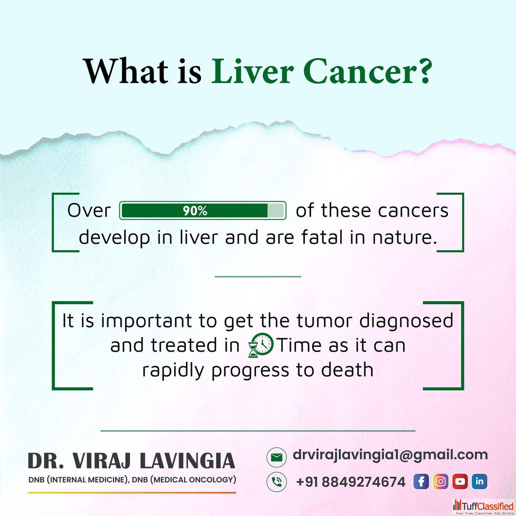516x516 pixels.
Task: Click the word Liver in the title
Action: coord(253,71)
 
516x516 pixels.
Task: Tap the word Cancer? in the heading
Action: coord(367,71)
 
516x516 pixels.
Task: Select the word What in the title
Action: coord(125,71)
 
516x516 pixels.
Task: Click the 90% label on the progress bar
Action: coord(195,211)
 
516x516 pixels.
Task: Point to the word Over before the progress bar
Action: coord(89,210)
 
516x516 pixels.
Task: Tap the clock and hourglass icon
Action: coord(261,345)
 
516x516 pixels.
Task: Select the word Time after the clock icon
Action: coord(299,345)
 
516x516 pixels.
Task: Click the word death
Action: coord(347,370)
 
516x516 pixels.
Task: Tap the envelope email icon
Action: coord(276,457)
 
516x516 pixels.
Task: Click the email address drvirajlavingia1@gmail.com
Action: coord(390,455)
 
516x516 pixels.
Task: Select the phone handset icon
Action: coord(276,482)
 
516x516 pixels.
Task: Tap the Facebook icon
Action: coord(421,482)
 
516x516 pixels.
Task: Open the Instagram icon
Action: coord(440,482)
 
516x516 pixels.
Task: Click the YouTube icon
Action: coord(460,482)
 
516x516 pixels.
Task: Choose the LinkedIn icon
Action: coord(479,482)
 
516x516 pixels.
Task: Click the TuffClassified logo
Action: coord(483,507)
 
